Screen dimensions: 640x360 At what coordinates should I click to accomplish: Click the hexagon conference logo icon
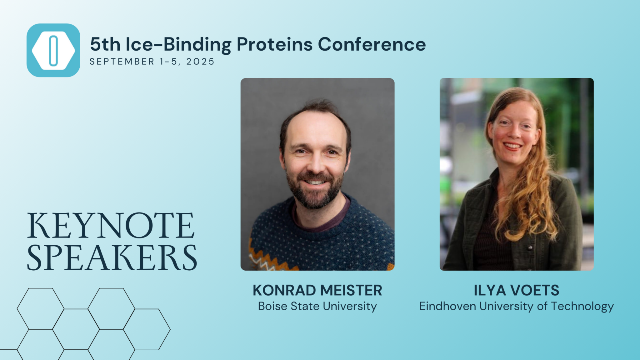pos(53,50)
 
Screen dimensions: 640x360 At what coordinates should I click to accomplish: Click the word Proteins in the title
pos(274,44)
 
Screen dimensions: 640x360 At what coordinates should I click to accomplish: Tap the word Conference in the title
pos(372,44)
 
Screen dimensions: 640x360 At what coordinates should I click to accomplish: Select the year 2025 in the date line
pos(200,62)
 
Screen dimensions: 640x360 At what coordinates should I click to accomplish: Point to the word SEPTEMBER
pos(122,62)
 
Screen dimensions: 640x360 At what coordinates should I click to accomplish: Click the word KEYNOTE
pos(111,226)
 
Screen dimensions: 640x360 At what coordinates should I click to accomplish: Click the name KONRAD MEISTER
pos(317,290)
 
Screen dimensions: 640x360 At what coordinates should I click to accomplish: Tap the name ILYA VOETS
pos(517,290)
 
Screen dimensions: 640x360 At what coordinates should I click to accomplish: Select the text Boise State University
pos(317,306)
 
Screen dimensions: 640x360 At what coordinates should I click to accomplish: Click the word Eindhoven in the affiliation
pos(447,306)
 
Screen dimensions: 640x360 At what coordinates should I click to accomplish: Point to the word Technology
pos(582,307)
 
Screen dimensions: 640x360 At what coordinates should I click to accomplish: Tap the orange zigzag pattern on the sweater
pos(269,259)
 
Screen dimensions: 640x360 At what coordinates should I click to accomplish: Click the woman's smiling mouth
pos(513,146)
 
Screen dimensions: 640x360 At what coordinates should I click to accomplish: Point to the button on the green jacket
pos(530,248)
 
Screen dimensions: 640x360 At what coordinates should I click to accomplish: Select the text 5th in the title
pos(105,44)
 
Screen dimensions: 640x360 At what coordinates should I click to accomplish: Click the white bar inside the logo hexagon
pos(53,51)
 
